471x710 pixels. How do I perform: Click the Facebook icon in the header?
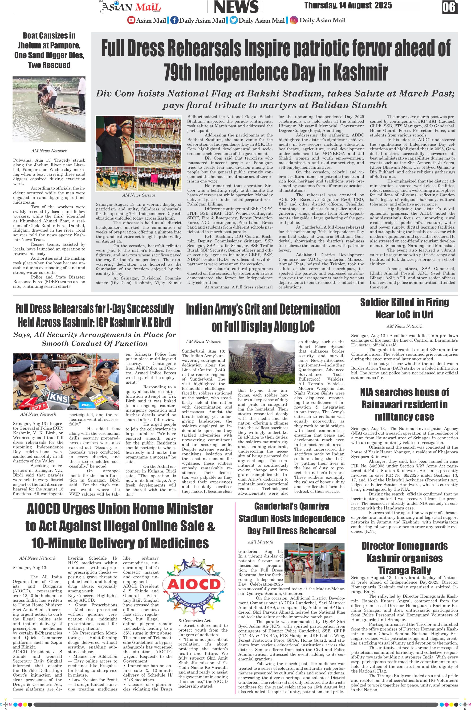coord(174,21)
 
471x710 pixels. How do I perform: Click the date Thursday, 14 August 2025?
coord(348,5)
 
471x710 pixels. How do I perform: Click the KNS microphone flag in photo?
coord(59,397)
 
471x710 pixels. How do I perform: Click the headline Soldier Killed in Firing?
coord(404,302)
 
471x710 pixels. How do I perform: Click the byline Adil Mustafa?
coord(260,542)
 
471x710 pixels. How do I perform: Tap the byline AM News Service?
coord(138,195)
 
